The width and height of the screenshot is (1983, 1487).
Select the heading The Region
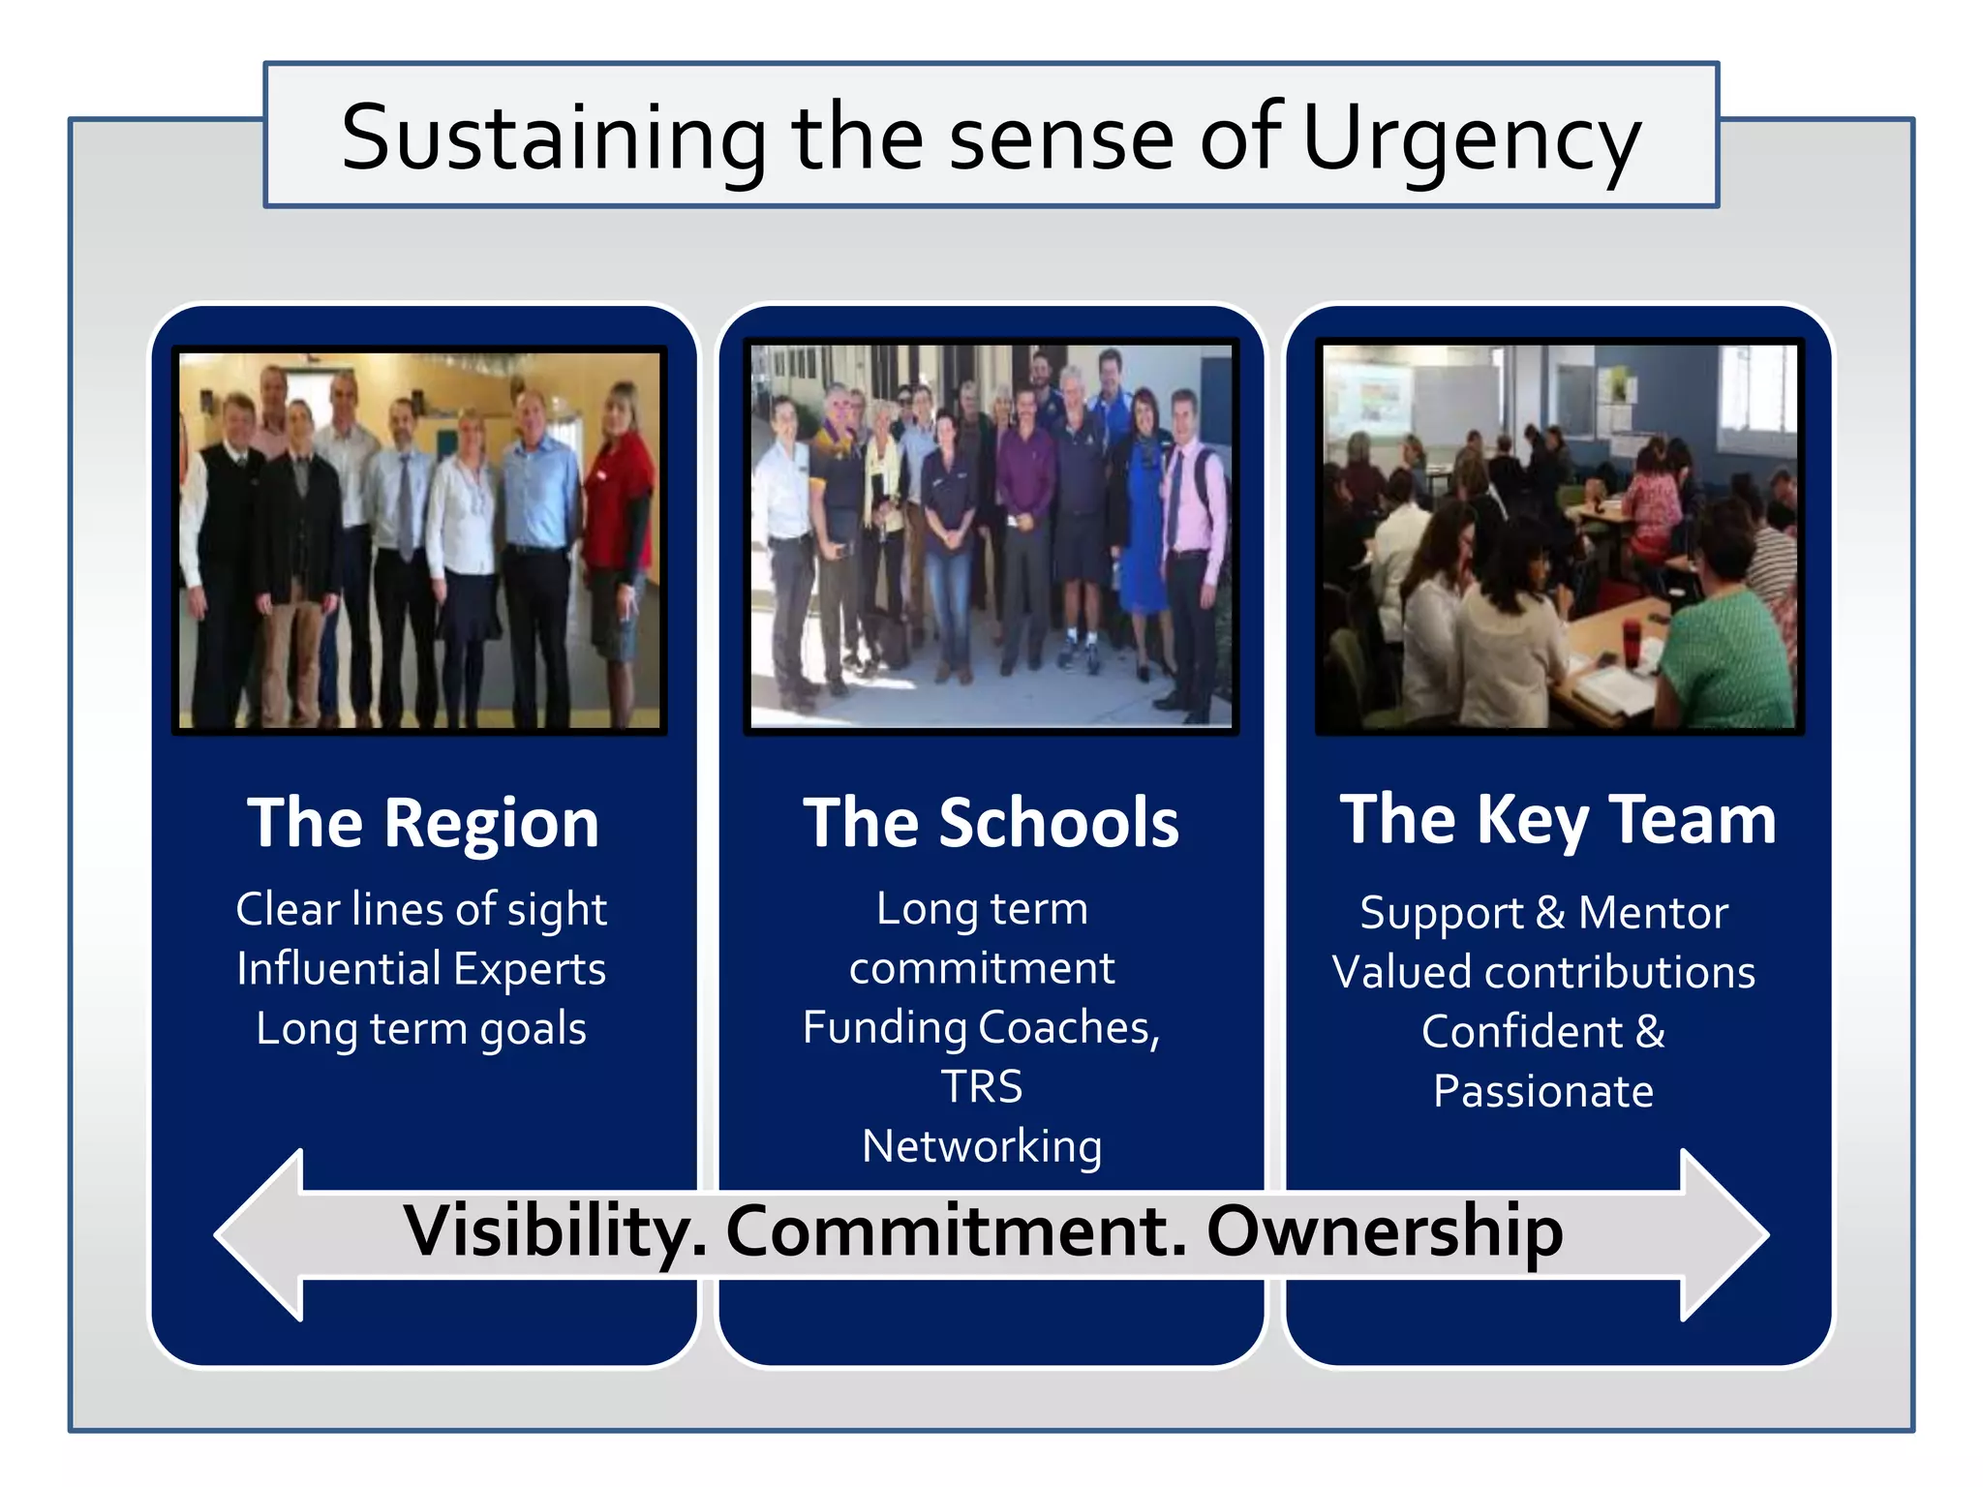423,823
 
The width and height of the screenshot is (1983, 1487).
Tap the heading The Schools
991,823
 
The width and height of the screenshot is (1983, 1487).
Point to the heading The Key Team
1558,820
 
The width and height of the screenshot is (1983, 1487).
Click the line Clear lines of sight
421,909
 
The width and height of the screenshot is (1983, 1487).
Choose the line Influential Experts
421,969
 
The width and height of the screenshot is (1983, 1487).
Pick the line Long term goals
421,1028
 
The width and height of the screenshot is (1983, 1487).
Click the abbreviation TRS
982,1087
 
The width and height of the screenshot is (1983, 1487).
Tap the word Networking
982,1147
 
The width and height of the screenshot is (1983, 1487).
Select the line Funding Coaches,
982,1027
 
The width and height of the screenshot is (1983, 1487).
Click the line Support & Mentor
1544,913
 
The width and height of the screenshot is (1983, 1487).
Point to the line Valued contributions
1544,973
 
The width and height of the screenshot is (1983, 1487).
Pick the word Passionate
1544,1092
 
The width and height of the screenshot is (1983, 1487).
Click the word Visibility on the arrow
555,1232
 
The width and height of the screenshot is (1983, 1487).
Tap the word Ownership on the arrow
1385,1232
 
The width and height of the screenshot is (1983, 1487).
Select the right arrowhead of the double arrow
1724,1234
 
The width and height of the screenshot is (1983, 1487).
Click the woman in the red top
617,503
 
